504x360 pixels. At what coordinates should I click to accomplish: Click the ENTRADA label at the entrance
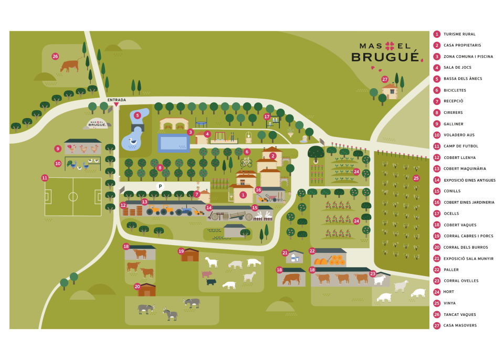click(117, 100)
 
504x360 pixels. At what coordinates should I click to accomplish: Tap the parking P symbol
click(160, 186)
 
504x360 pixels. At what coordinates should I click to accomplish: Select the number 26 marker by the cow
click(55, 56)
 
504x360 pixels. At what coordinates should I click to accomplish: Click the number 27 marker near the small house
click(385, 79)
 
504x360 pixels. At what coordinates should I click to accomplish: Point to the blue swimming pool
click(173, 143)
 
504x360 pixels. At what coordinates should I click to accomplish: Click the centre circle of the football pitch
click(73, 197)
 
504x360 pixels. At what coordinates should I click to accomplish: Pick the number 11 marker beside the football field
click(45, 178)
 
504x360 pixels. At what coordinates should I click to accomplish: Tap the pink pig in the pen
click(206, 274)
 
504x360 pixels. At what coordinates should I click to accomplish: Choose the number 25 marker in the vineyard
click(416, 178)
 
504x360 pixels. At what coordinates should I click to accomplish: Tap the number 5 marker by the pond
click(138, 115)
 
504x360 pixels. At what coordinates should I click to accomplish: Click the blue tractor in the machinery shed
click(184, 210)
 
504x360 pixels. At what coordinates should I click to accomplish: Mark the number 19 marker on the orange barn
click(181, 251)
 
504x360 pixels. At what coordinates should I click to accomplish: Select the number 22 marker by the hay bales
click(312, 251)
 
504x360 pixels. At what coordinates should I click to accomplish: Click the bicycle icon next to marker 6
click(246, 162)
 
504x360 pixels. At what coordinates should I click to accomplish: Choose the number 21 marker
click(285, 253)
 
